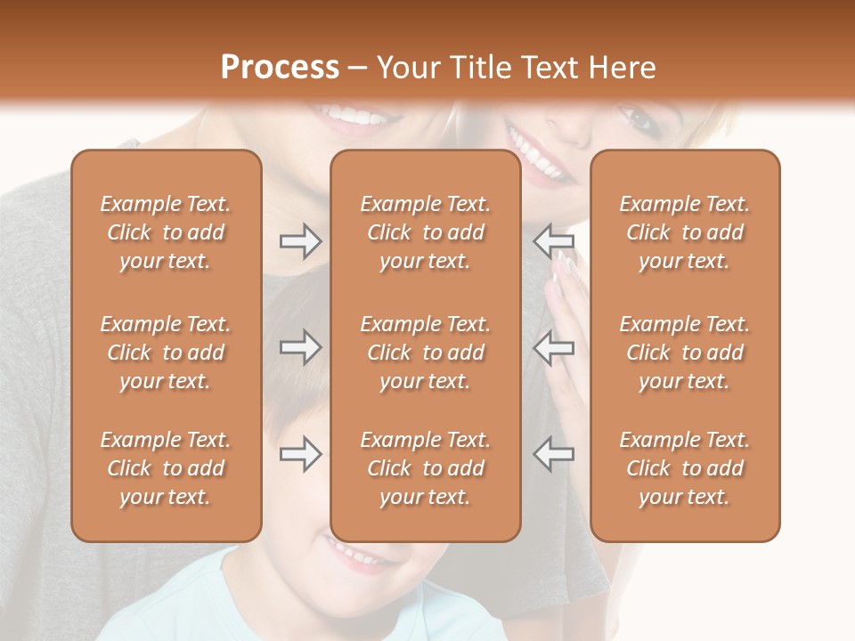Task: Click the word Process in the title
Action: [x=280, y=67]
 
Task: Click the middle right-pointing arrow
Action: [x=300, y=347]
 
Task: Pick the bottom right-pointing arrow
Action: [x=300, y=454]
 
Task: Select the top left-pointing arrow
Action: [x=553, y=241]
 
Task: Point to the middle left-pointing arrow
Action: [x=553, y=347]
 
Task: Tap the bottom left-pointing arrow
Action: [x=553, y=454]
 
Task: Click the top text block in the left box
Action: [x=166, y=232]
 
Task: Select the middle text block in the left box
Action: [x=166, y=353]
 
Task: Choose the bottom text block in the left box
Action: [x=166, y=468]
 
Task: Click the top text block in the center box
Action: [x=426, y=232]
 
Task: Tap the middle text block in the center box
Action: [x=426, y=353]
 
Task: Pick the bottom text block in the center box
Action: [x=426, y=468]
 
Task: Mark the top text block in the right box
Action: [x=685, y=232]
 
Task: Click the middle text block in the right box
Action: [x=685, y=353]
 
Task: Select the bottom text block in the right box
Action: [x=685, y=468]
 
